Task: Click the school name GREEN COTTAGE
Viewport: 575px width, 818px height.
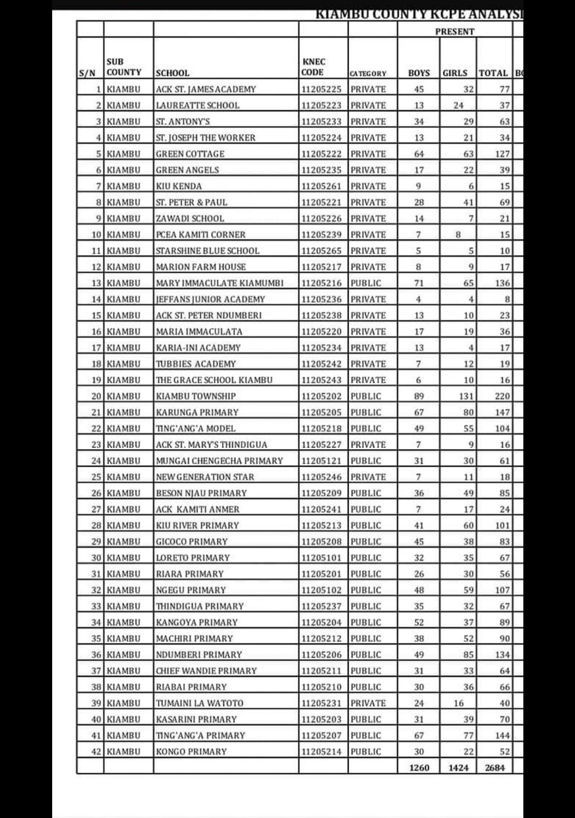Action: (190, 154)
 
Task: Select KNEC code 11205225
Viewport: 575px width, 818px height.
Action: (321, 89)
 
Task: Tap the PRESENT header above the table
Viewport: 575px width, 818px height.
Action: (454, 31)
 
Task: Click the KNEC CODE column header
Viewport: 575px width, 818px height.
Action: (313, 67)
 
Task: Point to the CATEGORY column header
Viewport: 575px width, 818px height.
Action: (368, 73)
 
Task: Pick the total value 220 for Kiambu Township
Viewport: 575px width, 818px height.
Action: (502, 396)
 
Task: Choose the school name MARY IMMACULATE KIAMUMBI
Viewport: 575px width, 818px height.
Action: (219, 283)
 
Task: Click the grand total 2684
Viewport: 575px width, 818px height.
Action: (495, 767)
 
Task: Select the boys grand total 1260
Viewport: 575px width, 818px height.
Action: (419, 767)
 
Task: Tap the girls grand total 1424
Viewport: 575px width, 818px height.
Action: (458, 767)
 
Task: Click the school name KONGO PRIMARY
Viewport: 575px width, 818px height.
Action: (191, 751)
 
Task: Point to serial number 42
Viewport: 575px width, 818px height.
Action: (96, 751)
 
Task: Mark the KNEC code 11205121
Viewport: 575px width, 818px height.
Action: (321, 461)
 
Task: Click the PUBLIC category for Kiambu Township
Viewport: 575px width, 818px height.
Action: (366, 396)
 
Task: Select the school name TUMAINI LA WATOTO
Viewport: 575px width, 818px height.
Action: (199, 703)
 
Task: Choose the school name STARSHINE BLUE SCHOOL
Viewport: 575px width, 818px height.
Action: (208, 251)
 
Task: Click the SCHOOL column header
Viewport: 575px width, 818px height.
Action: (172, 73)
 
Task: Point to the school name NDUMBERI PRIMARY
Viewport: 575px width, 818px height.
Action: (199, 655)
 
